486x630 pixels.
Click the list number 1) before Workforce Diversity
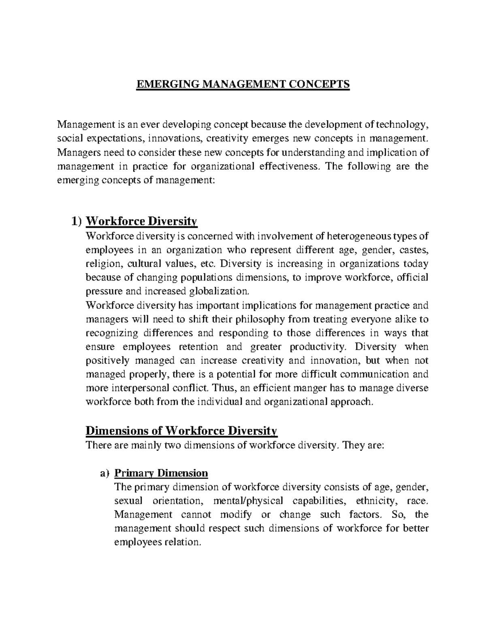(77, 221)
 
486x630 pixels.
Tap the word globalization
(220, 291)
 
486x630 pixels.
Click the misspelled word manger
(311, 388)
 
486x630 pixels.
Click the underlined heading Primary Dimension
(161, 473)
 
